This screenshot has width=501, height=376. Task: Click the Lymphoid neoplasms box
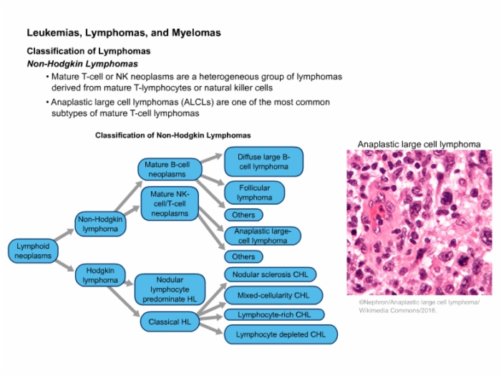click(33, 251)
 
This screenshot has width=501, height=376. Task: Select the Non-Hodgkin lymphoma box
click(100, 224)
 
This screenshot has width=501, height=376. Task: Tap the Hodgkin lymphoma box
click(100, 275)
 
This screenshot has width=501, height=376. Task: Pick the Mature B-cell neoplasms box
click(170, 170)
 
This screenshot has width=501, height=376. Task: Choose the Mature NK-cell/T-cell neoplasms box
click(170, 203)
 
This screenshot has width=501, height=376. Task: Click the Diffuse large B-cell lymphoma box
click(263, 162)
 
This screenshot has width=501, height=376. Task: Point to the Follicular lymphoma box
click(254, 193)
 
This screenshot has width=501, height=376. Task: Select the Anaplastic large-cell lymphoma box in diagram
click(263, 236)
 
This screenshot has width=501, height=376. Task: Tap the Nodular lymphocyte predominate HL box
click(170, 289)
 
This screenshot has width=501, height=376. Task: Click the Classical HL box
click(170, 322)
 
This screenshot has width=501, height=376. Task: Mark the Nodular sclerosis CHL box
click(271, 274)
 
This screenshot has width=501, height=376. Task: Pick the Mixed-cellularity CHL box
click(273, 295)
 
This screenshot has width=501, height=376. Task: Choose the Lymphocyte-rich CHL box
click(274, 314)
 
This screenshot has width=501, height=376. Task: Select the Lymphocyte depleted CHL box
click(281, 334)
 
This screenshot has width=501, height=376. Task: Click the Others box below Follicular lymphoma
click(243, 215)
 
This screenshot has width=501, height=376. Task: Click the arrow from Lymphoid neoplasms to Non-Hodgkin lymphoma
click(64, 234)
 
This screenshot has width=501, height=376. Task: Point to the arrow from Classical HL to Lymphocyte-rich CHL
click(211, 317)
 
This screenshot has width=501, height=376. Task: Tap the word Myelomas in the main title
click(197, 33)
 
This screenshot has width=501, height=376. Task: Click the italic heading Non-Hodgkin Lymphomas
click(82, 64)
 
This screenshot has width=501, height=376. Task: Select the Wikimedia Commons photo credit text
click(419, 306)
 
